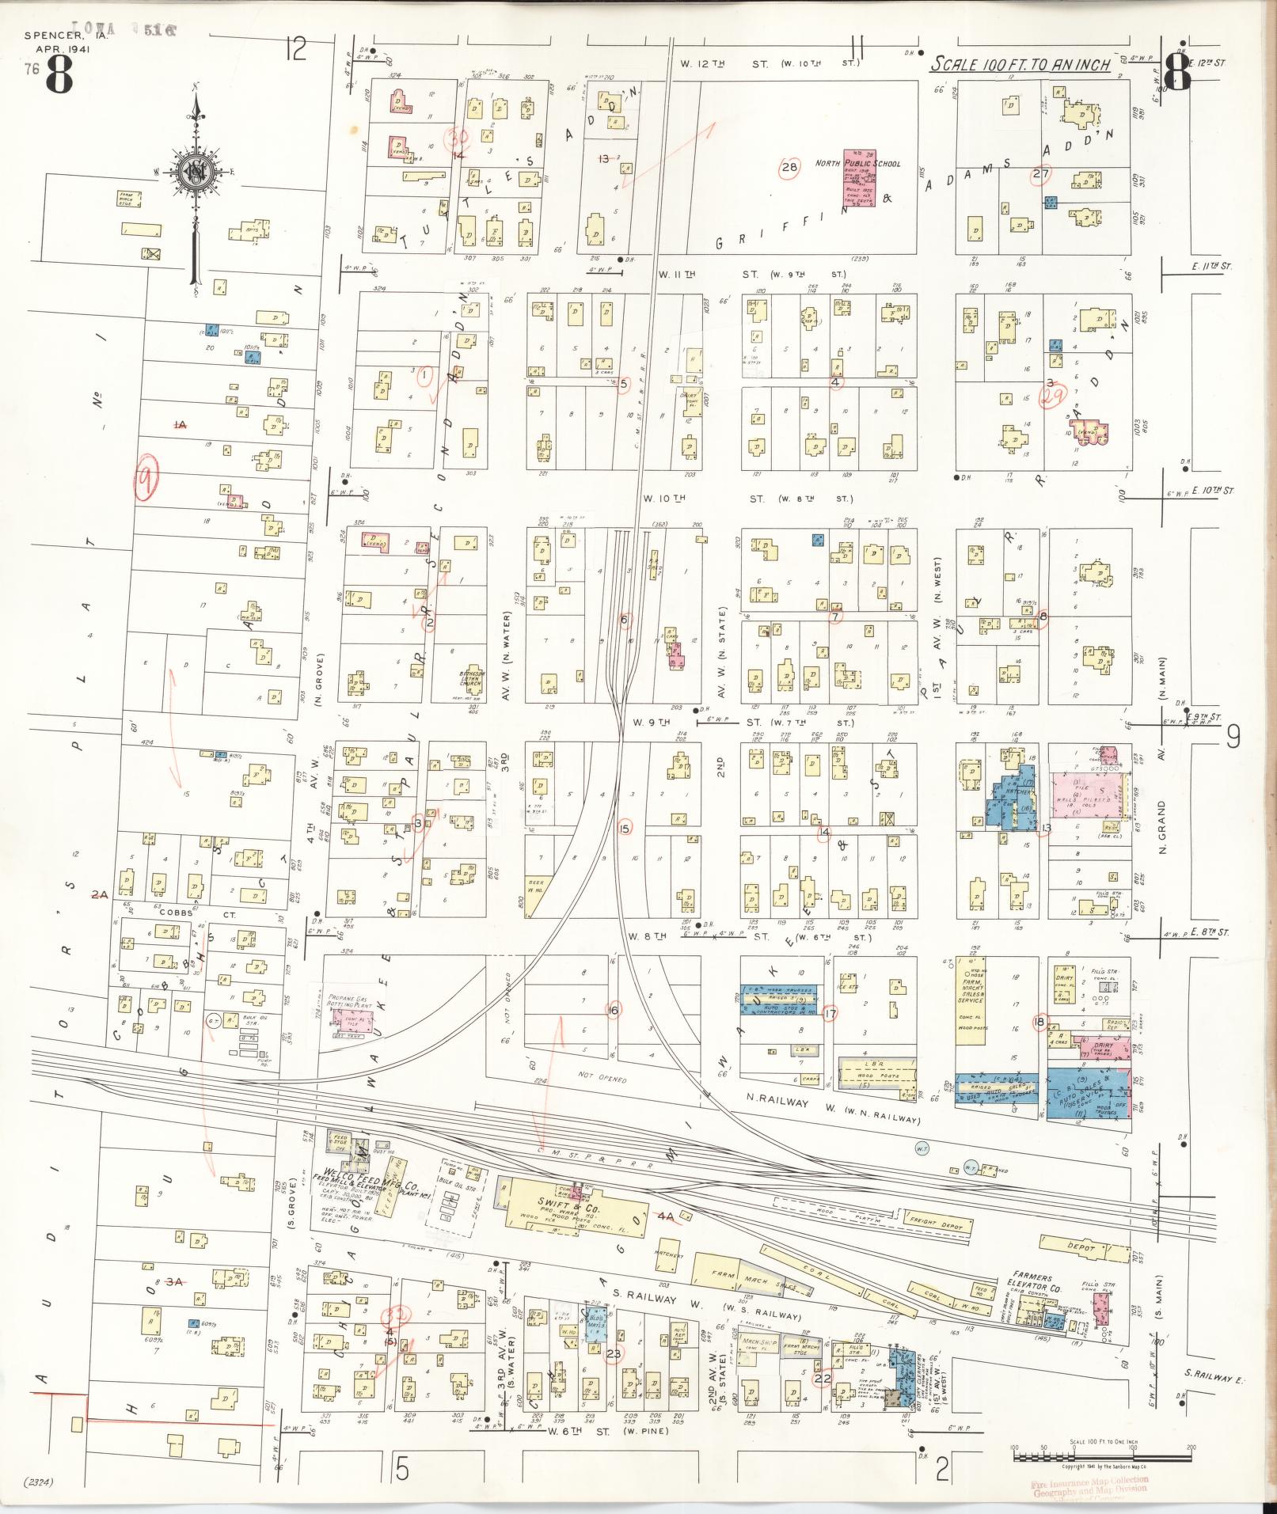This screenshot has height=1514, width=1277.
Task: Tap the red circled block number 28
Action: [x=789, y=167]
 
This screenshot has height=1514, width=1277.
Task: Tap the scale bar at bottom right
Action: [x=1102, y=1455]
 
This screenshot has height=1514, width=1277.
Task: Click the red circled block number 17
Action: [x=830, y=1014]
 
